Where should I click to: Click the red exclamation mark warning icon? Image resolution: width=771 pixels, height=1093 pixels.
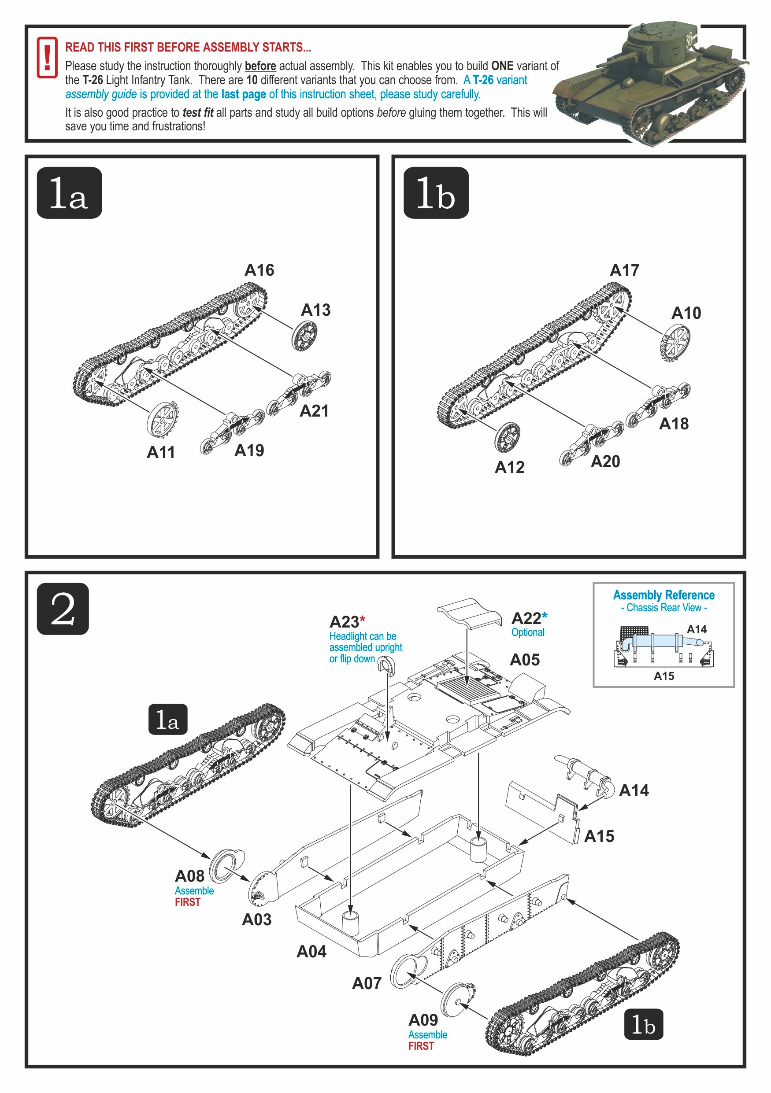pos(47,58)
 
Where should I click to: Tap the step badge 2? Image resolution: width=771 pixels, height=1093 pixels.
pos(63,609)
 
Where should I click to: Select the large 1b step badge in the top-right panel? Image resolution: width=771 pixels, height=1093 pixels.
pos(436,193)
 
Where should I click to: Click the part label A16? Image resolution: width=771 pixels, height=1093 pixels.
pos(259,270)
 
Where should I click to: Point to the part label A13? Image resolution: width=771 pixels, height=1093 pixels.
pos(315,310)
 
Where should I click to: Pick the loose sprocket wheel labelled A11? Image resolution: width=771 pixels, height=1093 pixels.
pos(163,419)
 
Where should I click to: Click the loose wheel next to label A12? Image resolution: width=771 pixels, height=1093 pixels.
pos(507,437)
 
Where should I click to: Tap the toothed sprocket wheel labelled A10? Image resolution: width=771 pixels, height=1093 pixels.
pos(675,342)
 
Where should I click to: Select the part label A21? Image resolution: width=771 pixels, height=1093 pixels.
pos(314,411)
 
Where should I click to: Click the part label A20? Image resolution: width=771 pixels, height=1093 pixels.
pos(605,461)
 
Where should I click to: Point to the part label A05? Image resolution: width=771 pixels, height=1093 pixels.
pos(524,660)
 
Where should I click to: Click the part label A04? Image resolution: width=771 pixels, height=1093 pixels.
pos(311,951)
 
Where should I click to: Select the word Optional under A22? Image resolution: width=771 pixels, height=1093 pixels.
pos(528,632)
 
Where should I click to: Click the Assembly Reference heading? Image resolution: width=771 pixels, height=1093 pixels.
pos(664,595)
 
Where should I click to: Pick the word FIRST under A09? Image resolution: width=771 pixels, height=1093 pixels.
pos(421,1046)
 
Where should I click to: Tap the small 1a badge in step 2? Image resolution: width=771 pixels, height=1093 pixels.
pos(167,719)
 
